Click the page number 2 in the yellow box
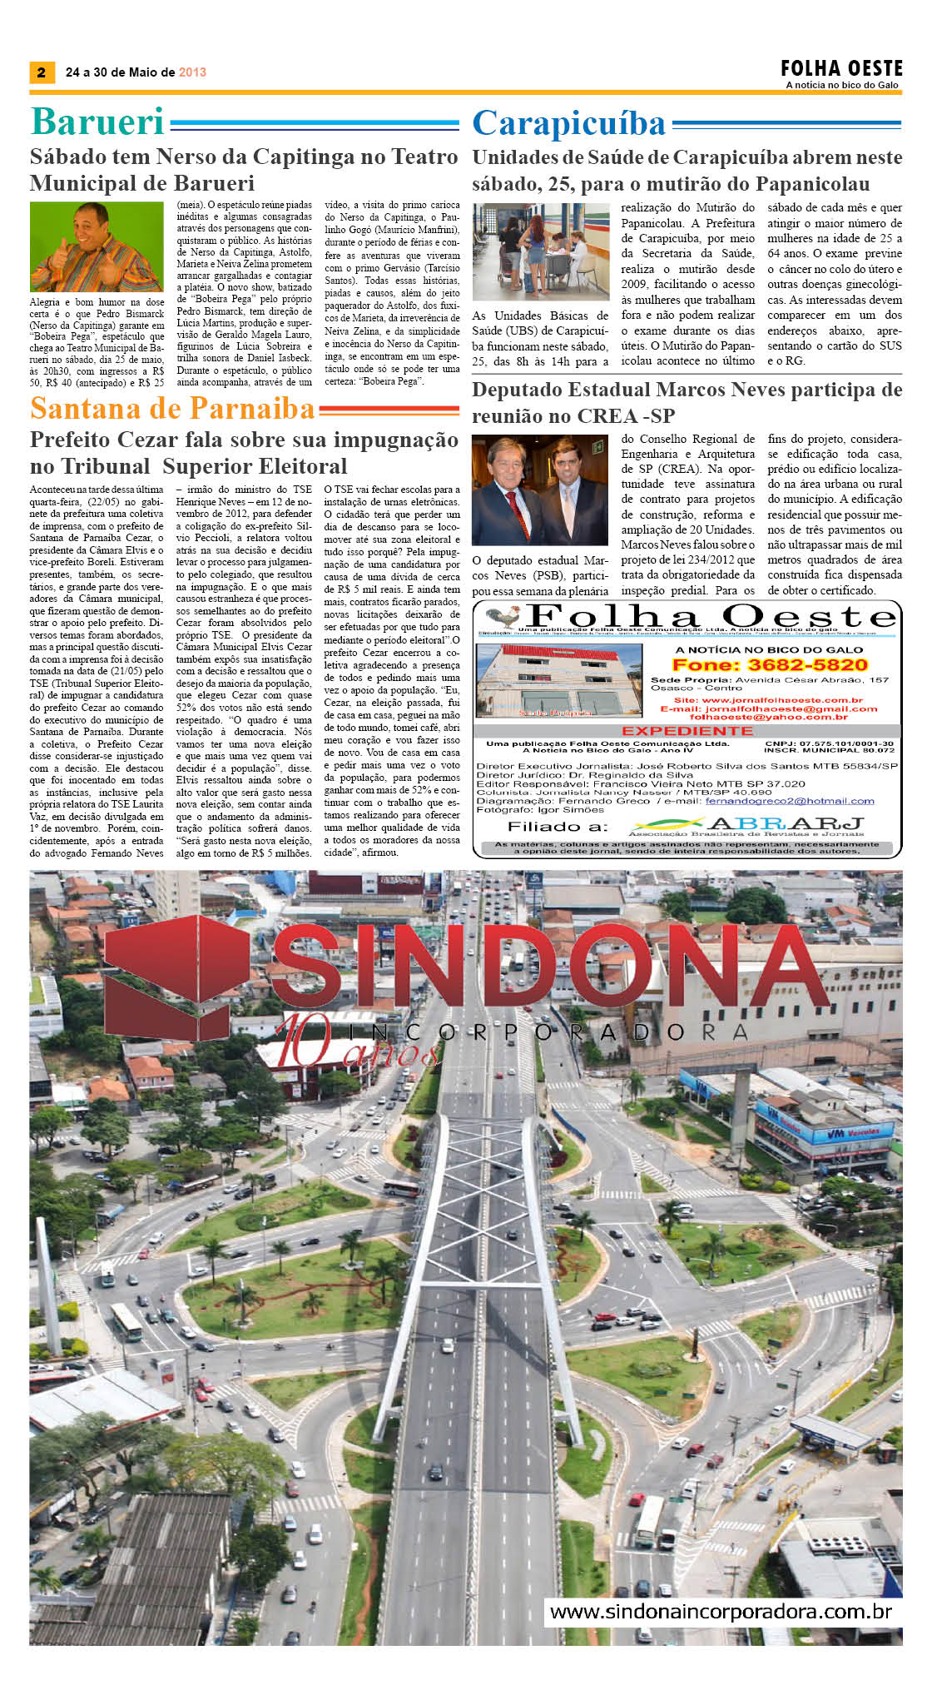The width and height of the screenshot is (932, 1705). point(42,72)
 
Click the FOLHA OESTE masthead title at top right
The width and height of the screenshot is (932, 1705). point(841,68)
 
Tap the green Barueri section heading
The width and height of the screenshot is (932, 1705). point(97,122)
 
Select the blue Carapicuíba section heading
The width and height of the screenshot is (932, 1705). point(569,124)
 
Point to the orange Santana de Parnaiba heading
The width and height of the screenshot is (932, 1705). point(172,409)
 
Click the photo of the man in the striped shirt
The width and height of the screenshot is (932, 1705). point(97,247)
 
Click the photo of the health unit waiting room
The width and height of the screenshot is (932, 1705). point(540,252)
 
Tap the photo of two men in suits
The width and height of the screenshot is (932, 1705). point(540,490)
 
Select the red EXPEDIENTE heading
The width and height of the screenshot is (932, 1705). point(687,730)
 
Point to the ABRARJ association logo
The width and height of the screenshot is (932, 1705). point(746,826)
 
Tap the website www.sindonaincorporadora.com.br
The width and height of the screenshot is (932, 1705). point(721,1611)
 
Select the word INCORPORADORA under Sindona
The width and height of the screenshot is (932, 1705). point(549,1032)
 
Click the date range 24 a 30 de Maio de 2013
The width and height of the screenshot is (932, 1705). point(136,72)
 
